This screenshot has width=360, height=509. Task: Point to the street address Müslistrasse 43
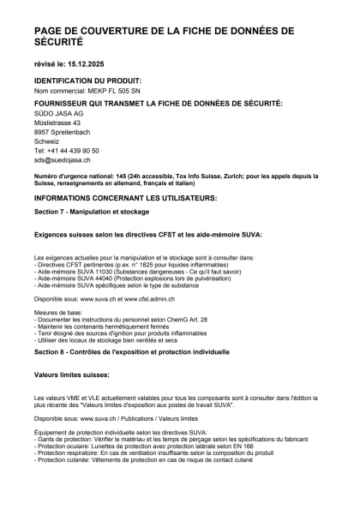pos(57,123)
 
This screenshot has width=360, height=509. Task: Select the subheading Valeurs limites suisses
pos(71,375)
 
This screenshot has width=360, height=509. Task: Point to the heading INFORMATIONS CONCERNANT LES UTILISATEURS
pos(125,198)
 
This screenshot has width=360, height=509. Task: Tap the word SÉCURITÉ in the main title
pos(59,41)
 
